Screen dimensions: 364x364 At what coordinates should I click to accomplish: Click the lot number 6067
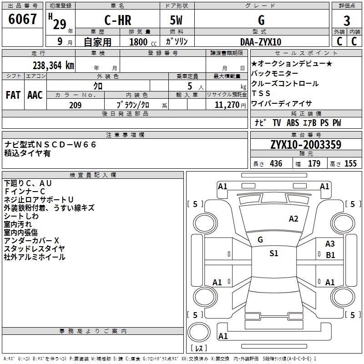tap(23, 20)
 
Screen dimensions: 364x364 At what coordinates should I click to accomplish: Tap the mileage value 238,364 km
tap(53, 65)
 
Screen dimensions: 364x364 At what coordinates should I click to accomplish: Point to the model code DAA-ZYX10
tap(261, 42)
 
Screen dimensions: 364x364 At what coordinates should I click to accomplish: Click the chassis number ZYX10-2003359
tap(306, 145)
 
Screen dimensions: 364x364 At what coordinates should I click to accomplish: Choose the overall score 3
tap(347, 20)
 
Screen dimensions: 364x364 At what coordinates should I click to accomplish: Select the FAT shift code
tap(13, 95)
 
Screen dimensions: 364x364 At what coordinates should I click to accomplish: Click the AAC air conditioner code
tap(35, 95)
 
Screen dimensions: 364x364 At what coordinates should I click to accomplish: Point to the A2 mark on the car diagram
tap(293, 219)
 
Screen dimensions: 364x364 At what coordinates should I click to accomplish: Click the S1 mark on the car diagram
tap(273, 253)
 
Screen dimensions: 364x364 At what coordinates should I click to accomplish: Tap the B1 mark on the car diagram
tap(330, 255)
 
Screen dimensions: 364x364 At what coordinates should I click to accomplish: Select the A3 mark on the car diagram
tap(330, 244)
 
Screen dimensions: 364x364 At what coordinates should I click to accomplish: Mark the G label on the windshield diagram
tap(260, 239)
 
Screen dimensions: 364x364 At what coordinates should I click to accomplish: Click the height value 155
tap(350, 164)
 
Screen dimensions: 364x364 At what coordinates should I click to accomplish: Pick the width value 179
tap(314, 164)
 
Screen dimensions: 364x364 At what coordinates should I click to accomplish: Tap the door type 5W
tap(177, 20)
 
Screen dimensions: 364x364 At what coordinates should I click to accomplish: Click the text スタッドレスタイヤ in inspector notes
tap(34, 249)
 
